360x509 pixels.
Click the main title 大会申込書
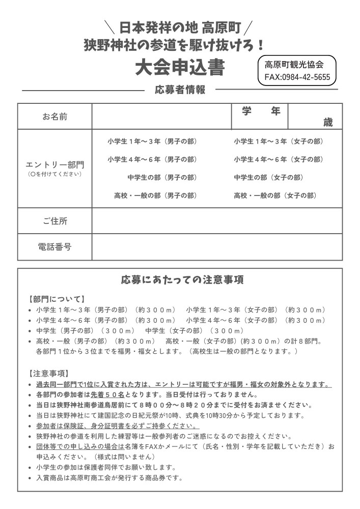(180, 68)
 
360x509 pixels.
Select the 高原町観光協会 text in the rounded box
(294, 65)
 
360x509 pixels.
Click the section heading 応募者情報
(180, 90)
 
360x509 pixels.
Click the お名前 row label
(54, 117)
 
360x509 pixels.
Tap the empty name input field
(161, 117)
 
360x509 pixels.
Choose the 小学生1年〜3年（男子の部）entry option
(152, 142)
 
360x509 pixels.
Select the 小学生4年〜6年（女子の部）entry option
(279, 159)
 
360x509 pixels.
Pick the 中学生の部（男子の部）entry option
(162, 178)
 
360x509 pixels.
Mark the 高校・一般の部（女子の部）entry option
(275, 195)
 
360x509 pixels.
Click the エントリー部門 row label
(54, 165)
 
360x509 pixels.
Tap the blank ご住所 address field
(217, 221)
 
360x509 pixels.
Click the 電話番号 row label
(54, 247)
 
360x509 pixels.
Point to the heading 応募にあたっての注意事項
(182, 279)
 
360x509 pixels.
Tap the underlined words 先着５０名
(108, 394)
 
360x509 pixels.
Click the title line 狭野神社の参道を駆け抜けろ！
(175, 45)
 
